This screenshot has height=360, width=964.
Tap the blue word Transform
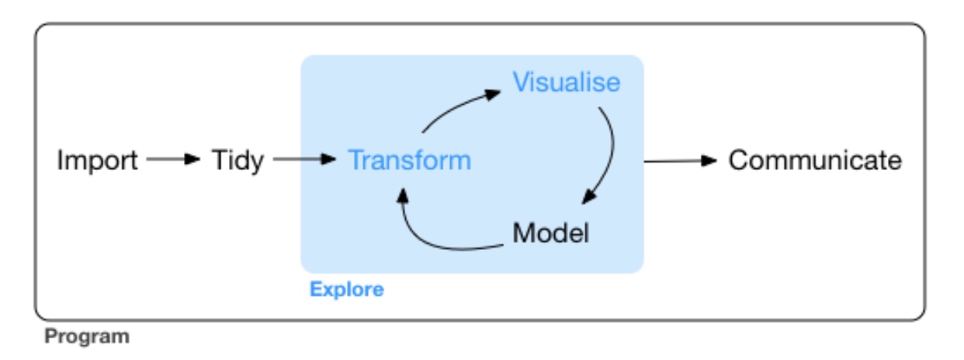click(x=409, y=160)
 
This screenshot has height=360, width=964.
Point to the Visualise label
click(x=567, y=81)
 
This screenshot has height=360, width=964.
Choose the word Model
click(x=550, y=233)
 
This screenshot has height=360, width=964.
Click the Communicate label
click(x=815, y=160)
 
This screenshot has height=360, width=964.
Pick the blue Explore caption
click(x=347, y=289)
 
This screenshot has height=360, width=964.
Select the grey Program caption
click(x=87, y=336)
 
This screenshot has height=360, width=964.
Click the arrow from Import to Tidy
click(x=173, y=159)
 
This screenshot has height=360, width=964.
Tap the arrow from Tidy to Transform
click(x=304, y=159)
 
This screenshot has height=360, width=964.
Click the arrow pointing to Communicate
click(x=681, y=161)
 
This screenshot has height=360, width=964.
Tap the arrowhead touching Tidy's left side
click(x=192, y=159)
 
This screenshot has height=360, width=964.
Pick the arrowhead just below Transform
click(x=402, y=196)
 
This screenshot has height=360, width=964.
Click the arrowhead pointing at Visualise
click(x=493, y=94)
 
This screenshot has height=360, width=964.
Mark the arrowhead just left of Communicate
click(x=709, y=161)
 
